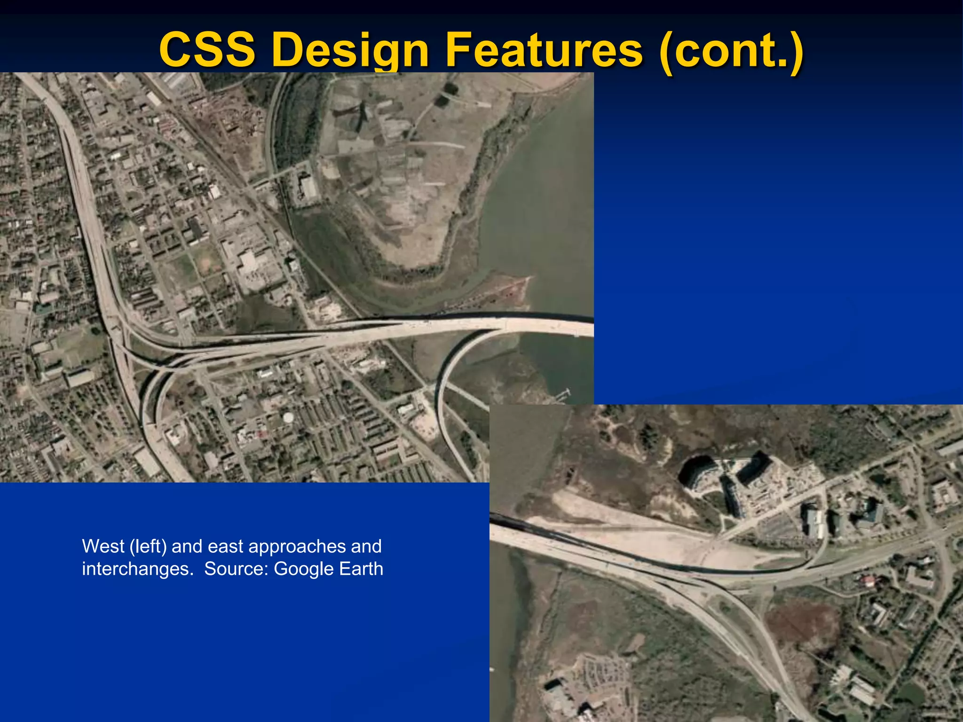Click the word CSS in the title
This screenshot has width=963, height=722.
tap(207, 50)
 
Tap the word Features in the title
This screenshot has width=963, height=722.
tap(543, 50)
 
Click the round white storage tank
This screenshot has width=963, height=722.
tap(288, 416)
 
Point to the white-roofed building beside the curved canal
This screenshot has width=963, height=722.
tap(308, 187)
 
